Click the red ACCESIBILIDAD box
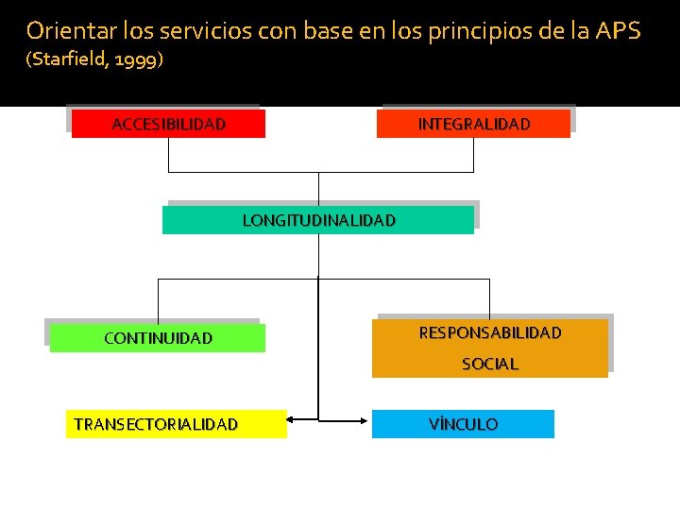pos(168,124)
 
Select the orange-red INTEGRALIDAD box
pos(473,124)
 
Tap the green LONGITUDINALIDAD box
pos(318,220)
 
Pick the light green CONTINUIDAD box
pos(158,338)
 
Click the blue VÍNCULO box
pos(463,424)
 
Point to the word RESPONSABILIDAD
pos(489,332)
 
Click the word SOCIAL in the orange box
pos(489,364)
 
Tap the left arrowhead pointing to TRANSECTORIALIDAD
pos(292,418)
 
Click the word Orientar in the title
pos(65,30)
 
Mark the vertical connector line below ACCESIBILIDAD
pos(168,155)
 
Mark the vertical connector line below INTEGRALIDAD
pos(473,155)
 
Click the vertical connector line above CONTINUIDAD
pos(158,300)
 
